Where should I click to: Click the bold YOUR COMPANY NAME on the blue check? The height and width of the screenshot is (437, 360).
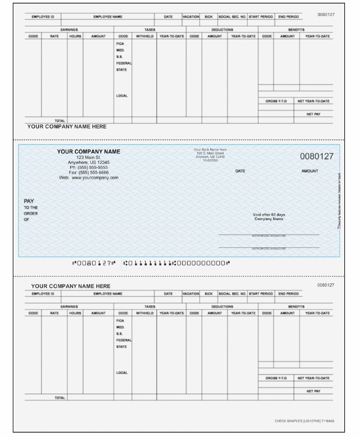click(88, 152)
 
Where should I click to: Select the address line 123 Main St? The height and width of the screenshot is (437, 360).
click(88, 157)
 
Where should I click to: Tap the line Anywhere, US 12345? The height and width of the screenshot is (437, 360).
click(88, 162)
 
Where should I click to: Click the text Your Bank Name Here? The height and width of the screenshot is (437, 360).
click(210, 150)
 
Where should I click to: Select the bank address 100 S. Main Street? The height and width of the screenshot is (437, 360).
click(210, 153)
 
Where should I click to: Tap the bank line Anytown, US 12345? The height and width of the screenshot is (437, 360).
click(210, 156)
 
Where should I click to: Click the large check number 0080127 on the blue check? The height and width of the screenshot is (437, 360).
click(317, 156)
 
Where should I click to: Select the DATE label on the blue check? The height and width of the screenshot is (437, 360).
click(240, 171)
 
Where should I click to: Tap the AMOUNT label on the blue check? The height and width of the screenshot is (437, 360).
click(310, 171)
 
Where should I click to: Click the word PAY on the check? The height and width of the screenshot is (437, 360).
click(29, 201)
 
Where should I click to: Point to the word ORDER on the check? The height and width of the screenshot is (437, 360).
click(31, 213)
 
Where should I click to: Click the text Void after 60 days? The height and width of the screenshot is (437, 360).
click(269, 215)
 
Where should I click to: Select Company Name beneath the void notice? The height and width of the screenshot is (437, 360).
click(269, 219)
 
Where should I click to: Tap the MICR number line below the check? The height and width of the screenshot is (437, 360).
click(151, 263)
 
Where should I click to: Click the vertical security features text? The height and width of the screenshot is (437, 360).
click(339, 200)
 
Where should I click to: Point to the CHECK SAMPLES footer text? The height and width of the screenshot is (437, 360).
click(304, 421)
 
